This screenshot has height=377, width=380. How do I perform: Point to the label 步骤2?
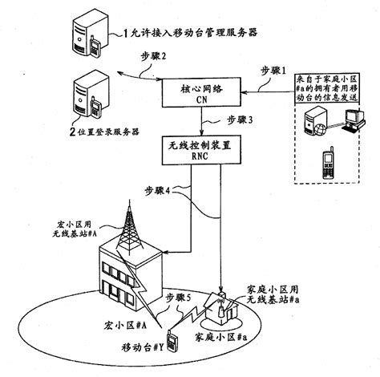pyautogui.click(x=152, y=59)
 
